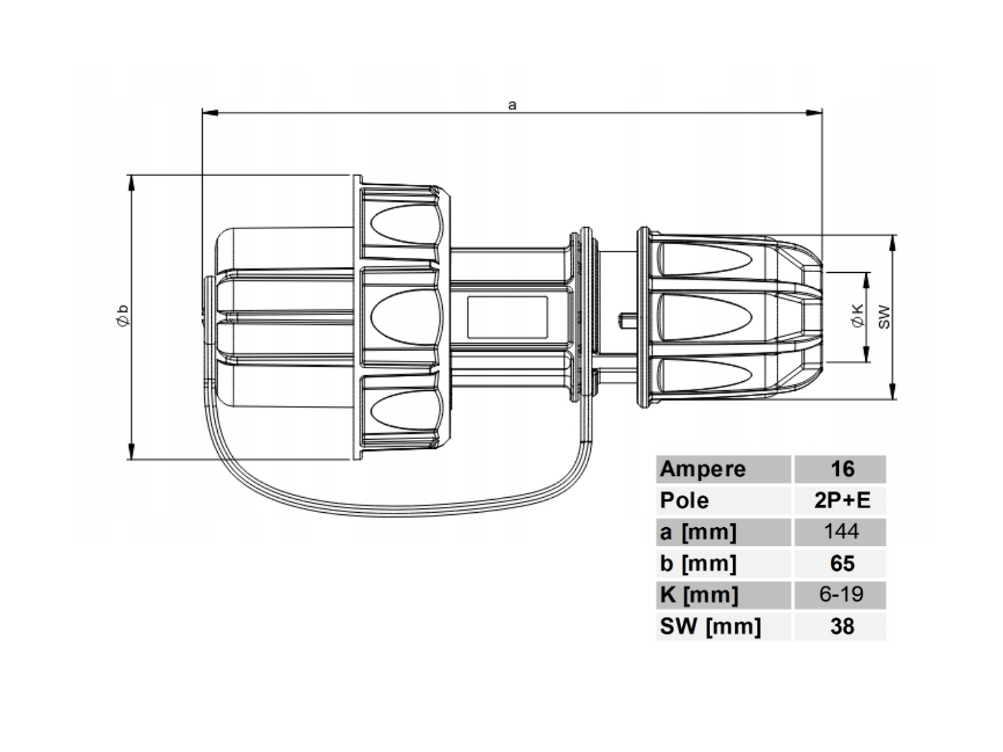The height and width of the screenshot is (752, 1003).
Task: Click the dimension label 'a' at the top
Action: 512,105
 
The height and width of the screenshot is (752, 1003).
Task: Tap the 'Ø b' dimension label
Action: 123,315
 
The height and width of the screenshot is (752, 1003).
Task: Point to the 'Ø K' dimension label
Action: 858,316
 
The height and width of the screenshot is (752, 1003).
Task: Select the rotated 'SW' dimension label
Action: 884,317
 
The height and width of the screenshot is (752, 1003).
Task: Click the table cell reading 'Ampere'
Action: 702,469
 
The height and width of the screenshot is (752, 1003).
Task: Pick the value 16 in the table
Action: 842,469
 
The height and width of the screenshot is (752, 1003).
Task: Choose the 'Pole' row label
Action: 684,501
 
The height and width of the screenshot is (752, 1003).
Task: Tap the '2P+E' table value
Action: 842,501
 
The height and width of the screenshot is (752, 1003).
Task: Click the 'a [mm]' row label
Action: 698,532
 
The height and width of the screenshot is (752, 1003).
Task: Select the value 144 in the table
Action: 841,531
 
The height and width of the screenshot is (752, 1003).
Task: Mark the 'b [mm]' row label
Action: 698,564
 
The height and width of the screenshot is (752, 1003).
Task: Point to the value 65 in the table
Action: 842,564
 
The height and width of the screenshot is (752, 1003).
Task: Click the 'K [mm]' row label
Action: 699,595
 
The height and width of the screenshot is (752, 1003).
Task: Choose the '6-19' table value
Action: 841,594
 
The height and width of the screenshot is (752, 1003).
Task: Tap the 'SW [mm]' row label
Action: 710,627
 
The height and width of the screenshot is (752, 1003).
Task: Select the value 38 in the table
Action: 842,627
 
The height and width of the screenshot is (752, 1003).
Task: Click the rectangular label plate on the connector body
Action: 507,317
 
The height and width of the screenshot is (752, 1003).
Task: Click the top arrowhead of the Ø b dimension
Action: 132,183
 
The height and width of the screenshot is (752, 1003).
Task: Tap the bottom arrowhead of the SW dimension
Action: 893,391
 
